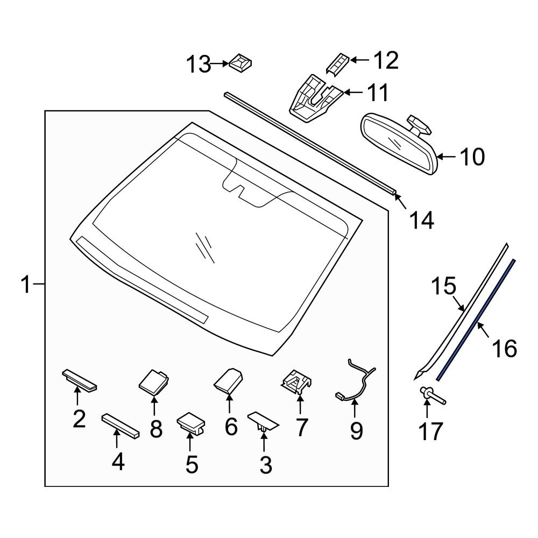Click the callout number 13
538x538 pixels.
(198, 65)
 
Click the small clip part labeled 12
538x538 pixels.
(337, 63)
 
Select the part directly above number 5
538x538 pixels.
(192, 422)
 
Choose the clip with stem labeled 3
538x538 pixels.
(263, 421)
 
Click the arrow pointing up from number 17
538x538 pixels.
(427, 410)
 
